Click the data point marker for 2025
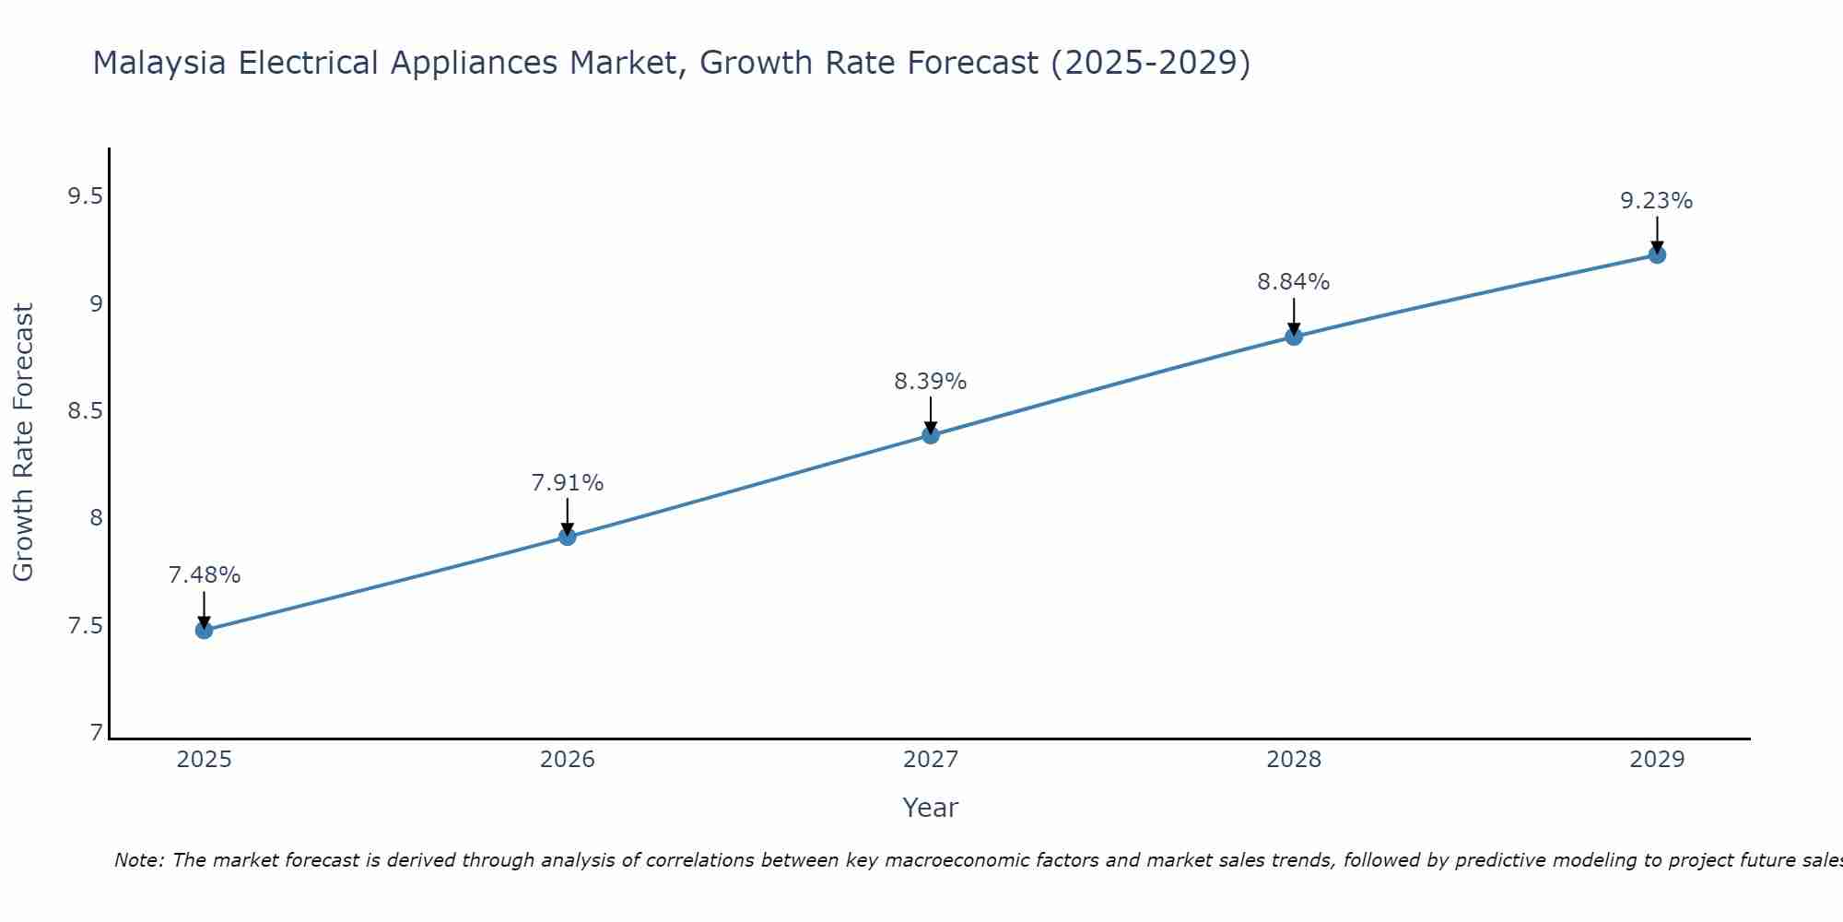[204, 631]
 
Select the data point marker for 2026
[568, 537]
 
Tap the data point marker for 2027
[931, 435]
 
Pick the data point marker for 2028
[1294, 337]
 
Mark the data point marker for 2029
[1657, 254]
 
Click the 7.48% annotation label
[205, 575]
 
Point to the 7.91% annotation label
[568, 483]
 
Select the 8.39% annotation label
[931, 382]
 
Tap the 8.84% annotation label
[1294, 282]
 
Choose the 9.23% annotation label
[1657, 201]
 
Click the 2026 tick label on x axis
[568, 760]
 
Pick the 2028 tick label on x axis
[1294, 760]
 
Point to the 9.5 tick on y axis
[85, 196]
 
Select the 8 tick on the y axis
[96, 518]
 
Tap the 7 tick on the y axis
[96, 733]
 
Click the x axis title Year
[931, 808]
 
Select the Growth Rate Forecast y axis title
[23, 443]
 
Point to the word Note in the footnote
[138, 860]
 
